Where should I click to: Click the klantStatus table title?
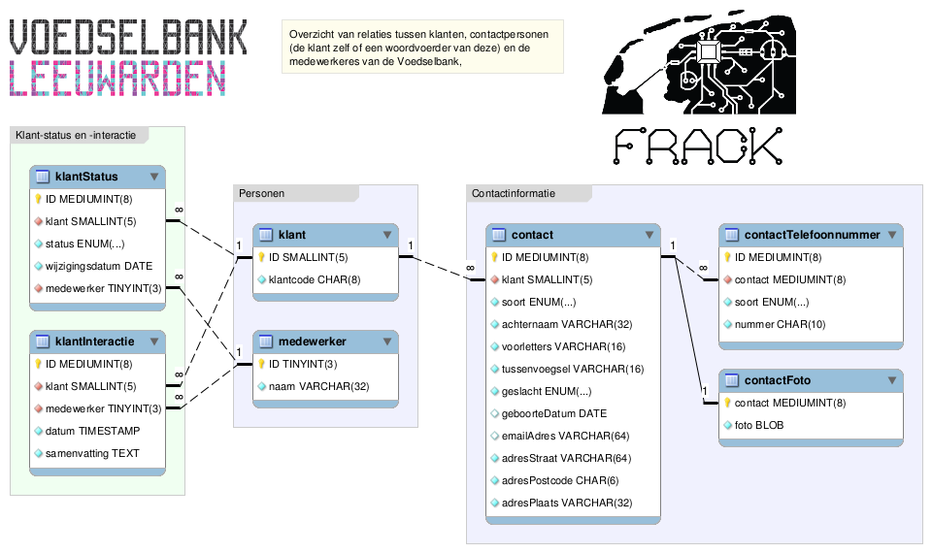coord(86,177)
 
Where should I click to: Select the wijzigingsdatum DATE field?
coord(99,266)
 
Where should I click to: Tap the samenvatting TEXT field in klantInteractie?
coord(92,453)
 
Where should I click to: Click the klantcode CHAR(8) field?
coord(315,279)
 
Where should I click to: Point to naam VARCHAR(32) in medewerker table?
coord(318,387)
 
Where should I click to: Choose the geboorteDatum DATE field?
coord(554,413)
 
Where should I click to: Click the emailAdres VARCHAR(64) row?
coord(565,436)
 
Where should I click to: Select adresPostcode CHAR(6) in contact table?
coord(560,480)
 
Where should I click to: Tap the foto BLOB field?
coord(759,425)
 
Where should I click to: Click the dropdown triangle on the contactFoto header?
coord(892,380)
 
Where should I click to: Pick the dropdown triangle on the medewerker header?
coord(387,342)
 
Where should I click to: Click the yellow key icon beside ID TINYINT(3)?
coord(261,364)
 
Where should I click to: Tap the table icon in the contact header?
coord(499,235)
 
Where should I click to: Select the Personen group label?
coord(261,193)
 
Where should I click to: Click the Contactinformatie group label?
coord(514,193)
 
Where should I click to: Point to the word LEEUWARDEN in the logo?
coord(117,79)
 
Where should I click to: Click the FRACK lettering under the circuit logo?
coord(698,146)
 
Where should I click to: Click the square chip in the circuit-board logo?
coord(708,52)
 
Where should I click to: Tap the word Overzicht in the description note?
coord(310,35)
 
